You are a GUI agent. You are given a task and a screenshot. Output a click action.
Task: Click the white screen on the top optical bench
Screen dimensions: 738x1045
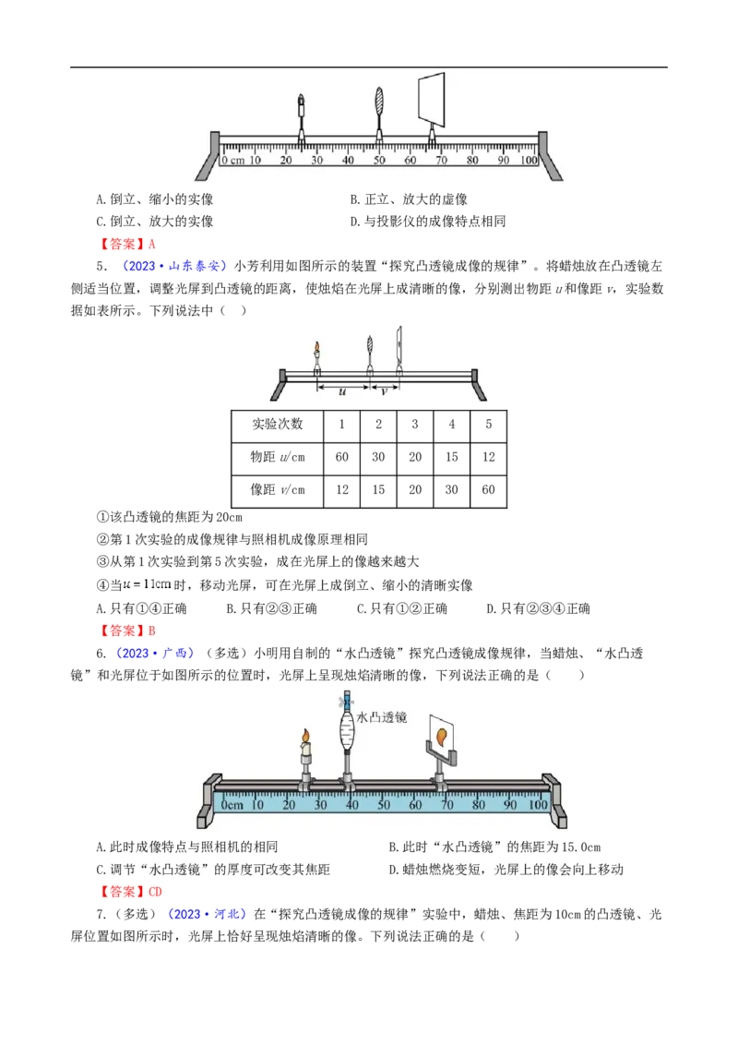pyautogui.click(x=431, y=99)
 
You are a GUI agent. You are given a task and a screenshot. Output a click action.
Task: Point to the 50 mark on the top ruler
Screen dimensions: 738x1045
pyautogui.click(x=379, y=161)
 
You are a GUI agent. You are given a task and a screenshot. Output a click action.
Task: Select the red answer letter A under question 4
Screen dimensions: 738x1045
pyautogui.click(x=152, y=244)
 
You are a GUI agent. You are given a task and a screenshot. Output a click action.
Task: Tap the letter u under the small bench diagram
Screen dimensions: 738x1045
pyautogui.click(x=342, y=391)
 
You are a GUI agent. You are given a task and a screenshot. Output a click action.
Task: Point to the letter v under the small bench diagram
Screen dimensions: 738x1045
pyautogui.click(x=384, y=391)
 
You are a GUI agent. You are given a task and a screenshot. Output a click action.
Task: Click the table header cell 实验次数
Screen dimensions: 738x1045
pyautogui.click(x=277, y=425)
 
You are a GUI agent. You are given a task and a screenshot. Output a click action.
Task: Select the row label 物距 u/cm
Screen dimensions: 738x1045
pyautogui.click(x=277, y=457)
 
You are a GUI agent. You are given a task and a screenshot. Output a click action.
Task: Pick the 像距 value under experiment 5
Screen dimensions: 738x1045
pyautogui.click(x=488, y=490)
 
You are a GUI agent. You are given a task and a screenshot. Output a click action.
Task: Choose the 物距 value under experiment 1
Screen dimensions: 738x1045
pyautogui.click(x=341, y=457)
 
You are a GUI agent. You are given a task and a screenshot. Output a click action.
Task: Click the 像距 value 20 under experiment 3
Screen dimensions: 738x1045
pyautogui.click(x=415, y=490)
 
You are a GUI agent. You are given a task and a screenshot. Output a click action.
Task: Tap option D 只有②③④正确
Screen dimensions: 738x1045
pyautogui.click(x=538, y=608)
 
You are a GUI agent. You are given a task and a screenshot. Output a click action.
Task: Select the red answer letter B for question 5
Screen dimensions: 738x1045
pyautogui.click(x=152, y=631)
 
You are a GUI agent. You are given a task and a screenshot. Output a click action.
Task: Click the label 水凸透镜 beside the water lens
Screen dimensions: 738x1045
pyautogui.click(x=382, y=717)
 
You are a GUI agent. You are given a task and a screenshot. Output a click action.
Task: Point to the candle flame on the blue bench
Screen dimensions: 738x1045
pyautogui.click(x=305, y=736)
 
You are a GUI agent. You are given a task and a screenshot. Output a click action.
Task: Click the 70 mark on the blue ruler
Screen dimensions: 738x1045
pyautogui.click(x=446, y=805)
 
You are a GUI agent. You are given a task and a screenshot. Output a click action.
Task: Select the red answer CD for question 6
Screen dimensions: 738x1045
pyautogui.click(x=155, y=892)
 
